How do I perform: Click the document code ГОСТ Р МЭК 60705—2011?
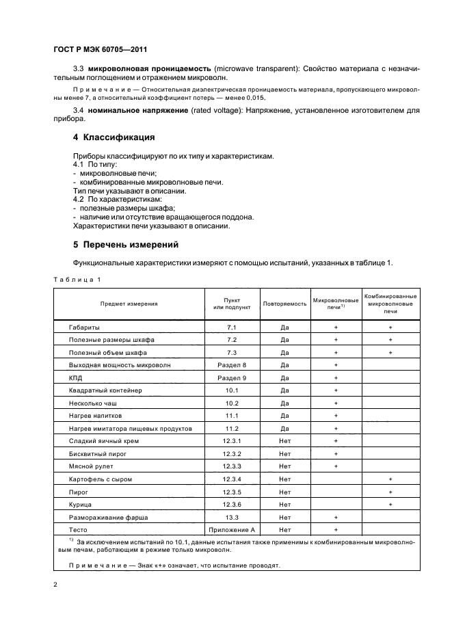100,50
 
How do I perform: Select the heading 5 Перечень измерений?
126,243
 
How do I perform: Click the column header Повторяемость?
284,303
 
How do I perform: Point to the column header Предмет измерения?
129,303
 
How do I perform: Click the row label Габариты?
85,328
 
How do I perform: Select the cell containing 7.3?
232,352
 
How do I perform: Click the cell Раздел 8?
232,365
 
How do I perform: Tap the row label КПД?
75,377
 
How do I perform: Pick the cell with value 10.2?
232,403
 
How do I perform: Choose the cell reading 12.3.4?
232,479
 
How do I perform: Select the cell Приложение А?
232,529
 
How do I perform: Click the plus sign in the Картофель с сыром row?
390,479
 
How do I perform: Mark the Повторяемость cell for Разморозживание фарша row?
284,517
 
